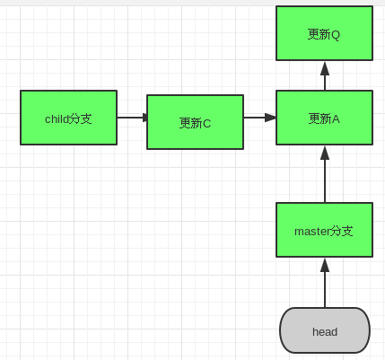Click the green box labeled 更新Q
(324, 33)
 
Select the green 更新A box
(324, 118)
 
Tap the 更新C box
(195, 122)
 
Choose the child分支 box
(68, 118)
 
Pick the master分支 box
(324, 230)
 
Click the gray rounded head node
(325, 330)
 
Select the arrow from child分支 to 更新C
(131, 118)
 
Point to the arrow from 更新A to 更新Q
(325, 79)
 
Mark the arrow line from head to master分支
(325, 285)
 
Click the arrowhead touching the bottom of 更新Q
(325, 68)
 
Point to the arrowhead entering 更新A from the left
(270, 118)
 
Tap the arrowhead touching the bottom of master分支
(325, 265)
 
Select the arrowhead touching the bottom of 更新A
(325, 153)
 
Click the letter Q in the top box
(336, 34)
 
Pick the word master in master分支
(311, 231)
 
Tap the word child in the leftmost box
(57, 119)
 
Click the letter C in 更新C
(206, 123)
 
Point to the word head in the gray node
(325, 331)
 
